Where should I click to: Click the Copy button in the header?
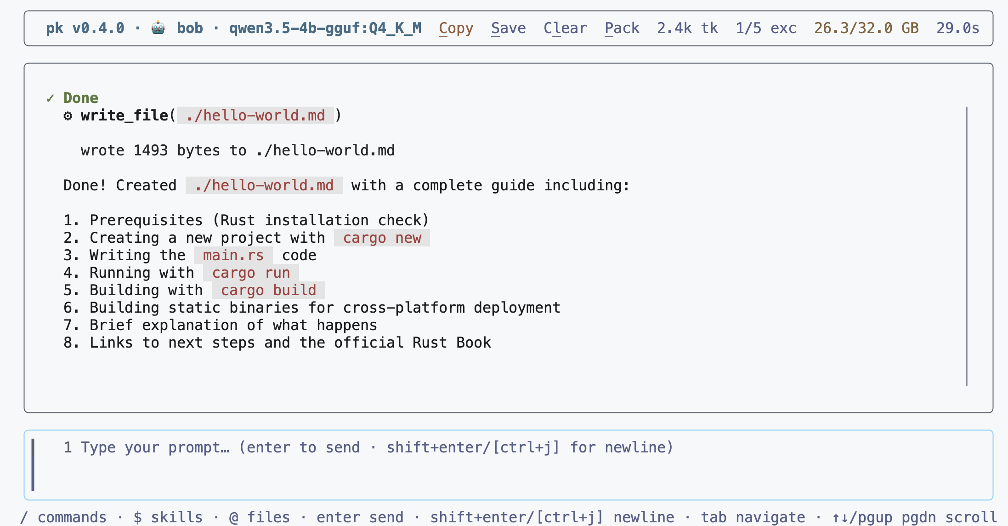click(x=456, y=29)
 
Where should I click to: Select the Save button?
click(x=508, y=29)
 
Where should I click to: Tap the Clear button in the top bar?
click(x=565, y=29)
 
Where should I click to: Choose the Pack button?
click(x=622, y=29)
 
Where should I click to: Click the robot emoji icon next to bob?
click(x=158, y=28)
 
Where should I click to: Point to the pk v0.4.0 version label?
click(x=85, y=29)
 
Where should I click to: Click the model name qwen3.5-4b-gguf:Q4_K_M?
click(x=325, y=29)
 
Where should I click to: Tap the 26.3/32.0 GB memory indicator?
click(x=866, y=29)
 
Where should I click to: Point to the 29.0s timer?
click(x=958, y=29)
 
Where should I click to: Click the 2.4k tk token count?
click(x=687, y=29)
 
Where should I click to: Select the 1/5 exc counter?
click(x=766, y=29)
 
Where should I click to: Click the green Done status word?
click(x=81, y=98)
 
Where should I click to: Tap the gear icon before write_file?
click(x=68, y=116)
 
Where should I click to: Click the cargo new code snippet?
click(x=382, y=238)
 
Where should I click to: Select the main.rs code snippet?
click(x=233, y=256)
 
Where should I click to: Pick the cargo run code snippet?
click(x=251, y=273)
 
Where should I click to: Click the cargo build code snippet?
click(x=268, y=291)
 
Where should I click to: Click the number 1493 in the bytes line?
click(x=151, y=151)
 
